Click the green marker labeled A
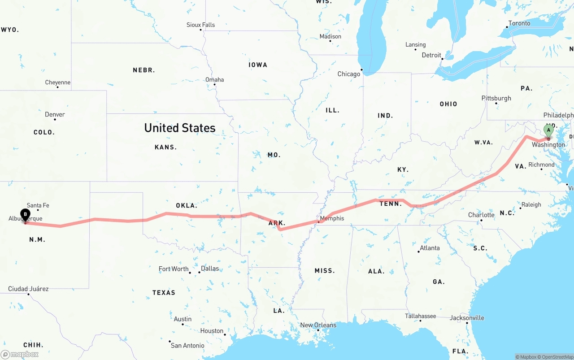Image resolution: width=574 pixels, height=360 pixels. [x=548, y=130]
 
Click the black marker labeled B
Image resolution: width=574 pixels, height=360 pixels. [x=26, y=214]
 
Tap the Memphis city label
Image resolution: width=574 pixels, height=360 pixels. [x=332, y=218]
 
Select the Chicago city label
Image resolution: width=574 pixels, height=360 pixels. [x=349, y=74]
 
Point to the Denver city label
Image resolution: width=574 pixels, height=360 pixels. [x=55, y=114]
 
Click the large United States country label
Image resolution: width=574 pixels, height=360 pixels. [x=180, y=128]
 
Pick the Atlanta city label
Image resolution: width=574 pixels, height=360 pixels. [x=430, y=248]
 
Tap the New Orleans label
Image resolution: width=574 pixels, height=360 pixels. [x=318, y=325]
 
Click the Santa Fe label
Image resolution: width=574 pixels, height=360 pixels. [x=38, y=205]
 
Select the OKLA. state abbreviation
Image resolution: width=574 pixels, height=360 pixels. [x=187, y=205]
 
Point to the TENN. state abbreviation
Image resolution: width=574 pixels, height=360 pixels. [x=391, y=204]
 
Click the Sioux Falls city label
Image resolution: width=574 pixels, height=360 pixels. [x=200, y=25]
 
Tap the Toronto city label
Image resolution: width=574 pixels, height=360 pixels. [x=519, y=23]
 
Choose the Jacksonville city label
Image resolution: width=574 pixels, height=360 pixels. [x=467, y=318]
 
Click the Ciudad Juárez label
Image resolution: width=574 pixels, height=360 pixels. [x=28, y=289]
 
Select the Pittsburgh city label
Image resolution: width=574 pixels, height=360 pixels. [x=496, y=98]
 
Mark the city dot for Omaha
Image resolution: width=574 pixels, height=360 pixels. [x=215, y=85]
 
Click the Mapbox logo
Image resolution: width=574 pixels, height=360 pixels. [x=20, y=354]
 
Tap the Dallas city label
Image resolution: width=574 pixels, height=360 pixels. [x=210, y=269]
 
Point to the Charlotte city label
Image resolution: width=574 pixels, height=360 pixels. [x=481, y=215]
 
